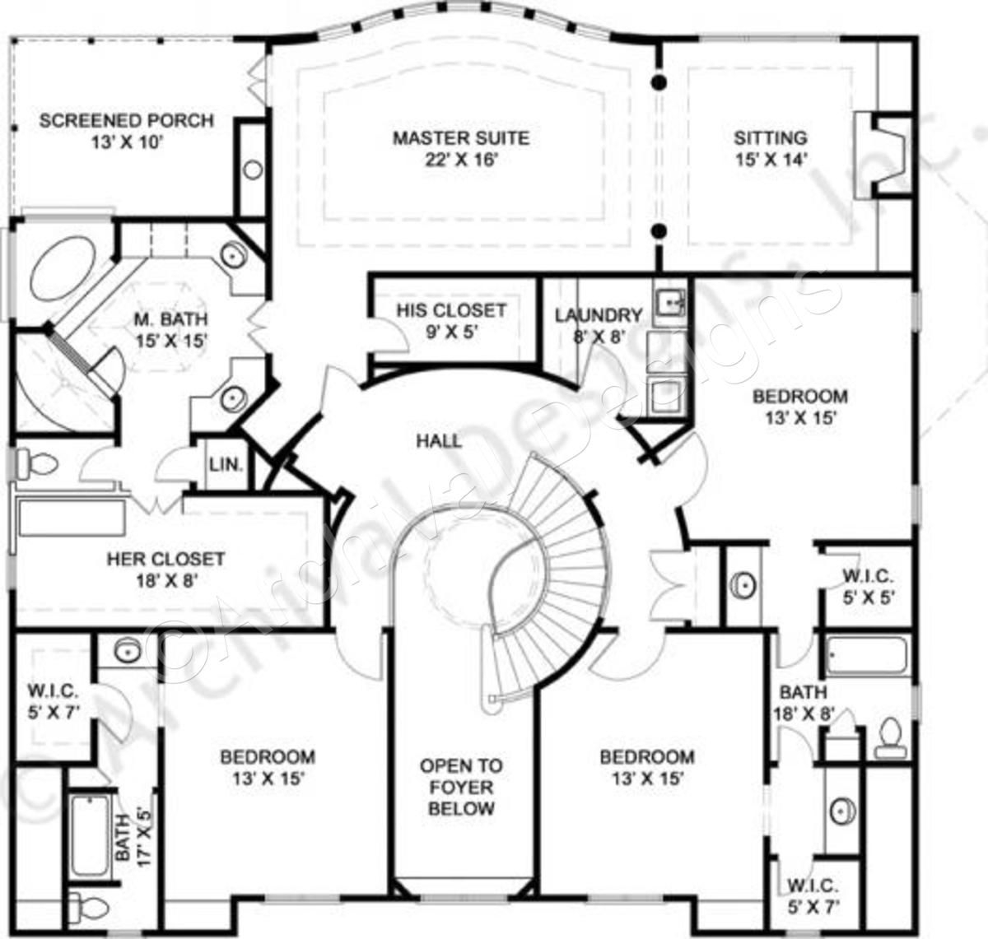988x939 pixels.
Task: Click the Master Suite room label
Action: [x=460, y=138]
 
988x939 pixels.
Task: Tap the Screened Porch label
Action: [x=126, y=121]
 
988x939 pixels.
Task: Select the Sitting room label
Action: [x=770, y=138]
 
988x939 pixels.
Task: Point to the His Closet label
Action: [x=450, y=311]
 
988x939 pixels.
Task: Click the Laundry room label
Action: [x=598, y=315]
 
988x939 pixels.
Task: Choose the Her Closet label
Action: [x=165, y=560]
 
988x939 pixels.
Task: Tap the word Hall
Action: [x=439, y=441]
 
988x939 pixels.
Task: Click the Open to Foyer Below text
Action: [x=461, y=788]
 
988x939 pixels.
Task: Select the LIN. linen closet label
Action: [x=226, y=465]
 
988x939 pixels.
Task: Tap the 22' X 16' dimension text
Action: [x=460, y=160]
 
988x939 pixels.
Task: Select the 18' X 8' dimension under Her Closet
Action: [x=165, y=580]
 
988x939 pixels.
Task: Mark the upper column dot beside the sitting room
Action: [x=659, y=81]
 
